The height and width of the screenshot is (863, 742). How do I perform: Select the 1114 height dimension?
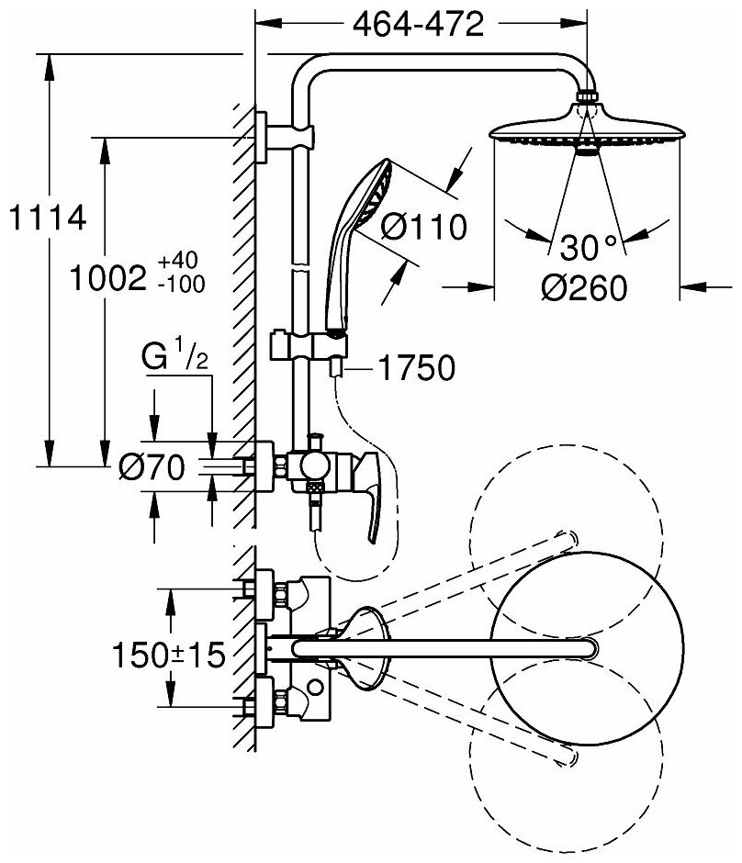point(45,219)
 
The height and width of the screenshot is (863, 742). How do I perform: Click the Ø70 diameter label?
point(152,468)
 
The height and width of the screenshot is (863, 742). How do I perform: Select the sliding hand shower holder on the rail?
point(312,348)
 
